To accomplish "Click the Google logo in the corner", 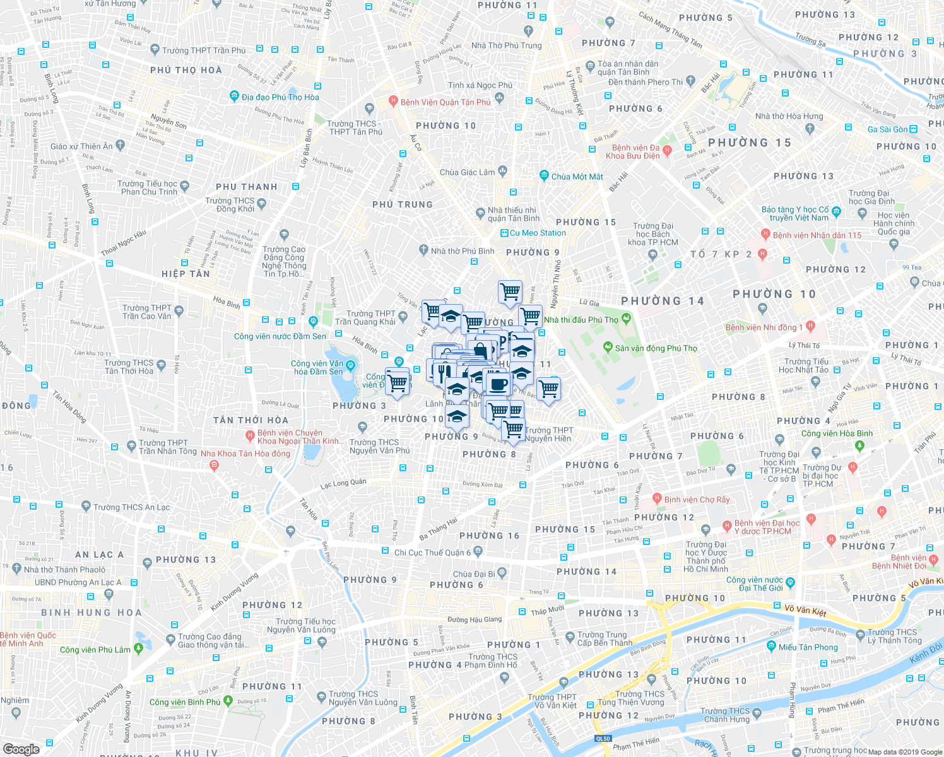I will point(21,749).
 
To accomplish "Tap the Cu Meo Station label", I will point(538,233).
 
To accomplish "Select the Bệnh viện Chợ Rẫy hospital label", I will point(696,500).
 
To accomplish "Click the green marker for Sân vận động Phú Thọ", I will point(608,348).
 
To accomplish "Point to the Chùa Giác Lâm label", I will point(468,172).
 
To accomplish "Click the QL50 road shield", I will point(603,739).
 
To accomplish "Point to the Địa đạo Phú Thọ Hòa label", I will point(280,97).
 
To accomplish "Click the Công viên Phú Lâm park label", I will point(95,650).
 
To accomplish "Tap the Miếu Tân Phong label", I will point(808,647).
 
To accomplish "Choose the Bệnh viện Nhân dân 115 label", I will point(817,235).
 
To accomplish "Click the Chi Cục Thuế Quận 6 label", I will point(432,553).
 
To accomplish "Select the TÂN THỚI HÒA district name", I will point(251,420).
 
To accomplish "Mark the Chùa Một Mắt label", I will point(577,177).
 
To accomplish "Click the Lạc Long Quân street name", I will point(343,484).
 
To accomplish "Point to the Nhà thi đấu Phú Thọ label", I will point(581,320).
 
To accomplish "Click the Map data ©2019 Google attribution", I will point(905,752).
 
